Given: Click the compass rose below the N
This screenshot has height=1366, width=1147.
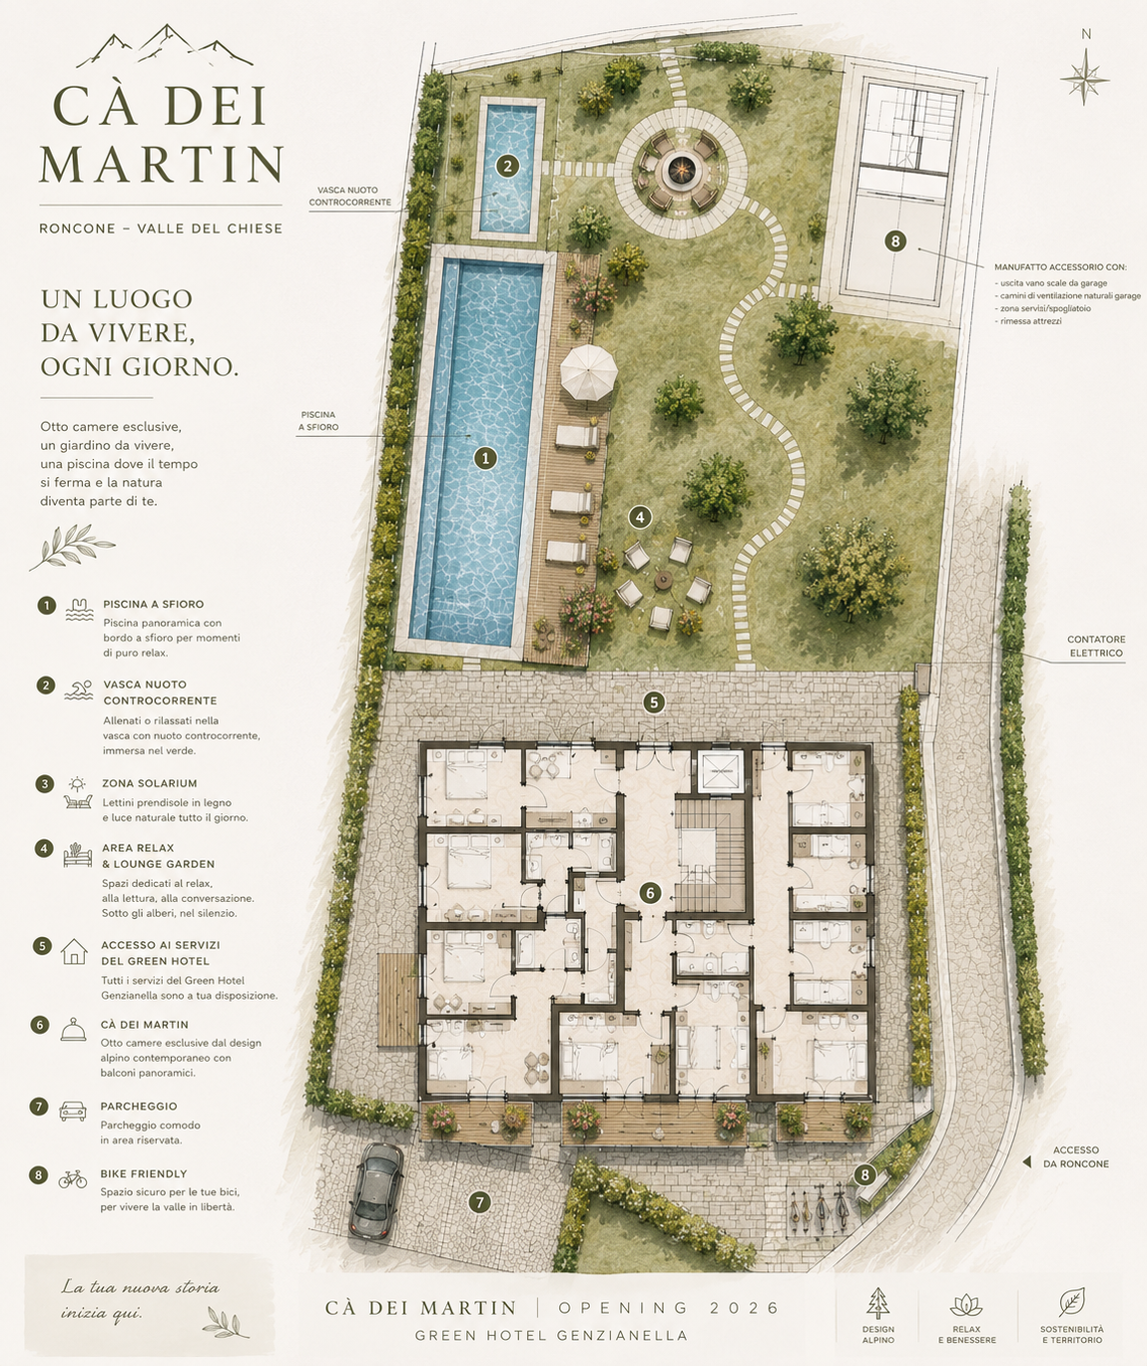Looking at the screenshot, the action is (1084, 80).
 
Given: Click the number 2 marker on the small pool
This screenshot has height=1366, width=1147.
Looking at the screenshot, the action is (507, 166).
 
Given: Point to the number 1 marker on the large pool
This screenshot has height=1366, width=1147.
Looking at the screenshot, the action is (485, 459).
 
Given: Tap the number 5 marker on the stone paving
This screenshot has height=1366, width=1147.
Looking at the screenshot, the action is (654, 703).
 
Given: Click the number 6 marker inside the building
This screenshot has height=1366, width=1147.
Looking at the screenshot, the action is (650, 893).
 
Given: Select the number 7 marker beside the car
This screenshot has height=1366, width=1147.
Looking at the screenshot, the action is (480, 1202).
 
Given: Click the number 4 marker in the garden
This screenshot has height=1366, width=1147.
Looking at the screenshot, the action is (640, 518).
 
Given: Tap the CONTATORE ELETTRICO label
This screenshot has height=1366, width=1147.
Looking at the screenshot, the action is (1096, 646).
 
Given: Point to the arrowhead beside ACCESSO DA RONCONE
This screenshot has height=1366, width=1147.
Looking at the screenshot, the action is (1027, 1162).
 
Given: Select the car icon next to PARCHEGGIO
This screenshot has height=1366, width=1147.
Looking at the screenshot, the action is (73, 1111).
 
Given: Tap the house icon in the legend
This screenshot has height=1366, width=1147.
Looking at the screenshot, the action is (74, 951).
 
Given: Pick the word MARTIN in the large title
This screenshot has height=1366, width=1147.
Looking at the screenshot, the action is (161, 165).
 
